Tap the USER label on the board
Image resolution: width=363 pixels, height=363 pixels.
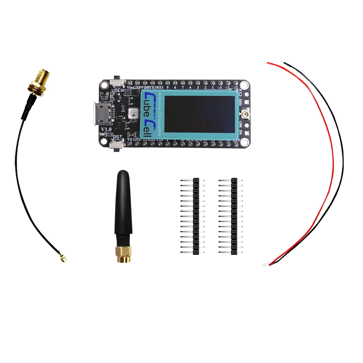coord(118,90)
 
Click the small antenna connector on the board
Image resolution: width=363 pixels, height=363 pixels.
coord(246,114)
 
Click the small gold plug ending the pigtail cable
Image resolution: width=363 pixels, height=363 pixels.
coord(64,259)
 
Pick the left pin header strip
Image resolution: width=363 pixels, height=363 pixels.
coord(196,216)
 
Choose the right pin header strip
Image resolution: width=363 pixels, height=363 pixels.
coord(234,216)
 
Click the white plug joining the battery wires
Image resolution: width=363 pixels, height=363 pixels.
coord(266,265)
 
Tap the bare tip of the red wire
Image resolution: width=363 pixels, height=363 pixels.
coord(269,64)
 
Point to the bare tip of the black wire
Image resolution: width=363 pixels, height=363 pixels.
coord(285,63)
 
